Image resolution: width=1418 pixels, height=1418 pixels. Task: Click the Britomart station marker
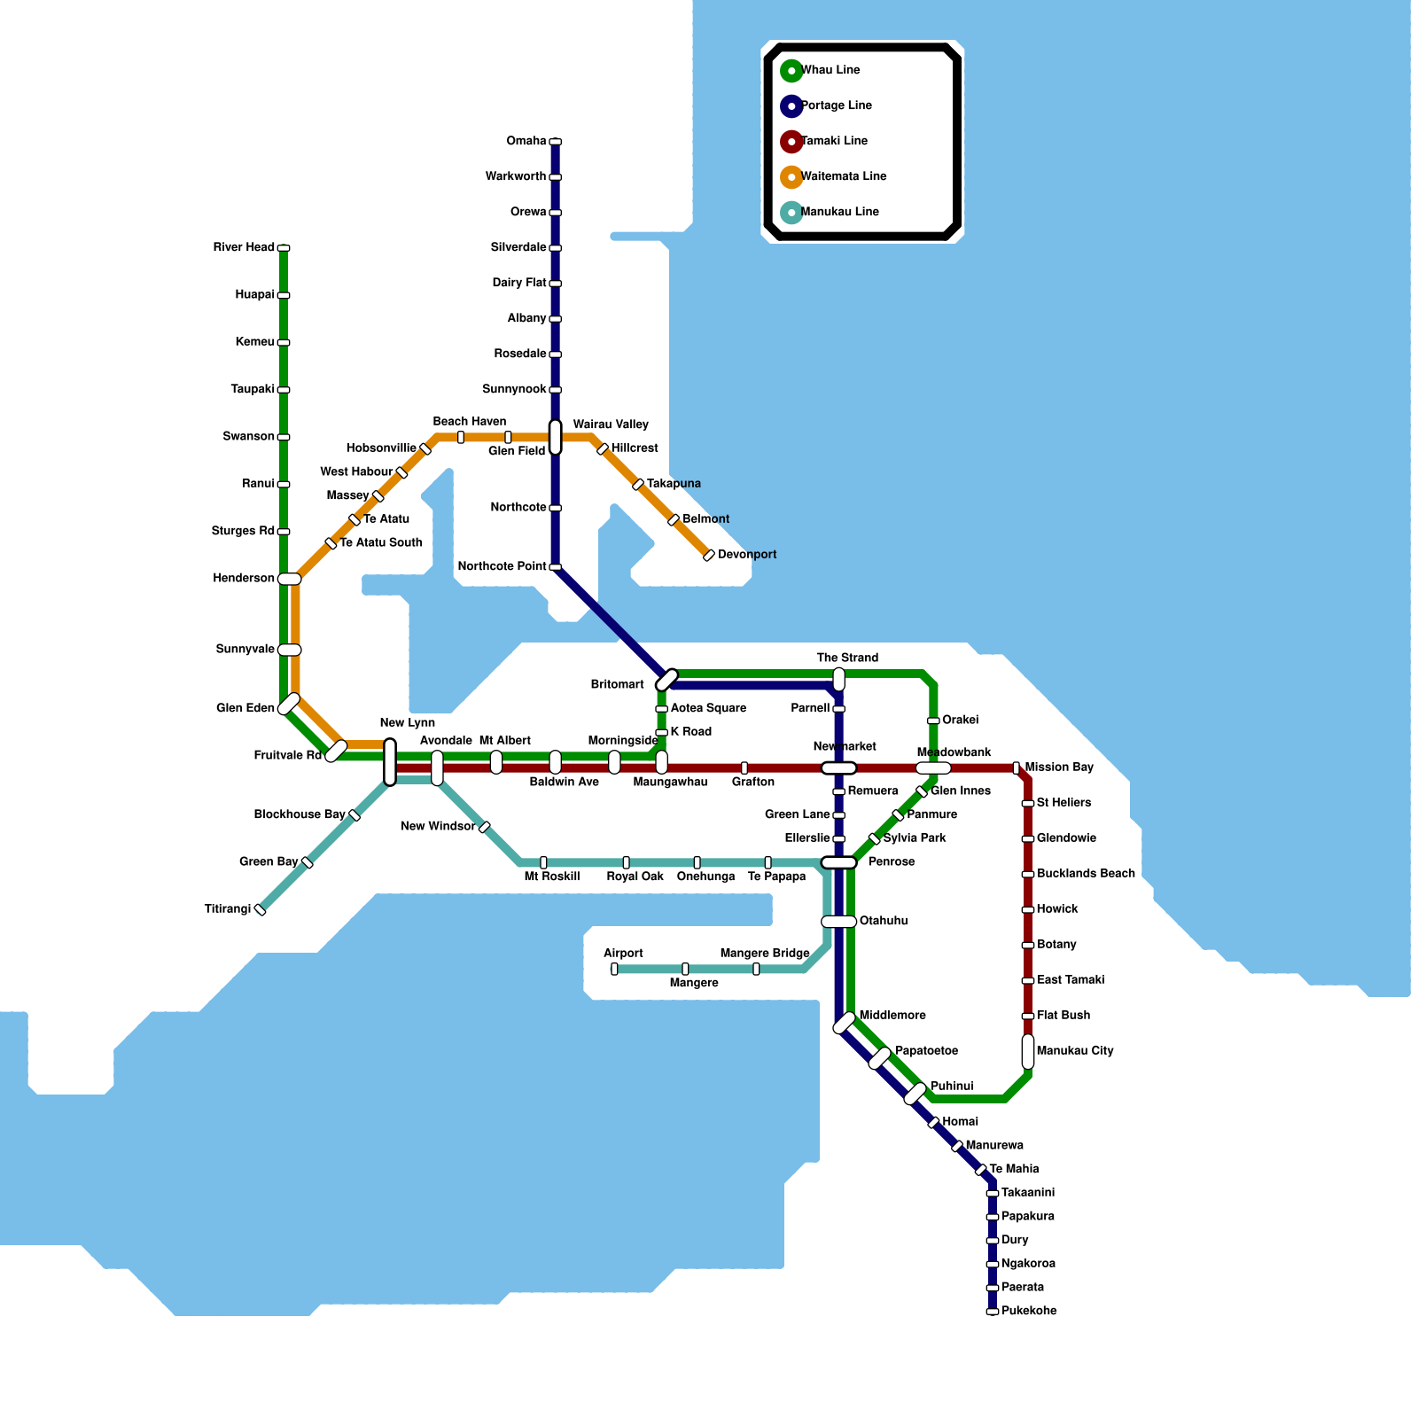pos(666,680)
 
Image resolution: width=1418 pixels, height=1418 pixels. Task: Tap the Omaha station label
pos(526,142)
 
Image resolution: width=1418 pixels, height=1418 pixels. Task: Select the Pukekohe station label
pos(1029,1311)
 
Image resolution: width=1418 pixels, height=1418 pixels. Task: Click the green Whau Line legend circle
pos(791,71)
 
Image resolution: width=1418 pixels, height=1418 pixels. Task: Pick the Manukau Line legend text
pos(840,213)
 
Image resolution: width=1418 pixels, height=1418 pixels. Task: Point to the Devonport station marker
pos(709,556)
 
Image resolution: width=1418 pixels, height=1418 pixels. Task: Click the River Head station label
pos(244,247)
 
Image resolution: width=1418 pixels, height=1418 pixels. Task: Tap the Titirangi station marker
pos(261,909)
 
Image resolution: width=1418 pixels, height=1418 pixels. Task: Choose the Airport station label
pos(623,954)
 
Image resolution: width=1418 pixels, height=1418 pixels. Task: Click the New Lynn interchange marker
pos(390,762)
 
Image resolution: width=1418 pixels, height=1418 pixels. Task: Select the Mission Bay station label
pos(1059,767)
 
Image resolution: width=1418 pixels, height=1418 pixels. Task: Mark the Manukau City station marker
pos(1028,1052)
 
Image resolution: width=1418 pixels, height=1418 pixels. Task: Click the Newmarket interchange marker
pos(838,768)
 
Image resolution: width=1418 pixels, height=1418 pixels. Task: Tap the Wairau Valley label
pos(611,425)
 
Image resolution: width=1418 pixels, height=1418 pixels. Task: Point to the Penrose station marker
pos(838,862)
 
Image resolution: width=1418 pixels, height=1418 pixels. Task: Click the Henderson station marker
pos(290,579)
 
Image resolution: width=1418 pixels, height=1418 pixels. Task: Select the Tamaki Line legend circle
pos(791,142)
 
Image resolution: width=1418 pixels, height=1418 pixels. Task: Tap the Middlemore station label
pos(892,1016)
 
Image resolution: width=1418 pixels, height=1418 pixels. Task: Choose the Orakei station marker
pos(933,721)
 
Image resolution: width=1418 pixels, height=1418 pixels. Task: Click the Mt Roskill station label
pos(551,877)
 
